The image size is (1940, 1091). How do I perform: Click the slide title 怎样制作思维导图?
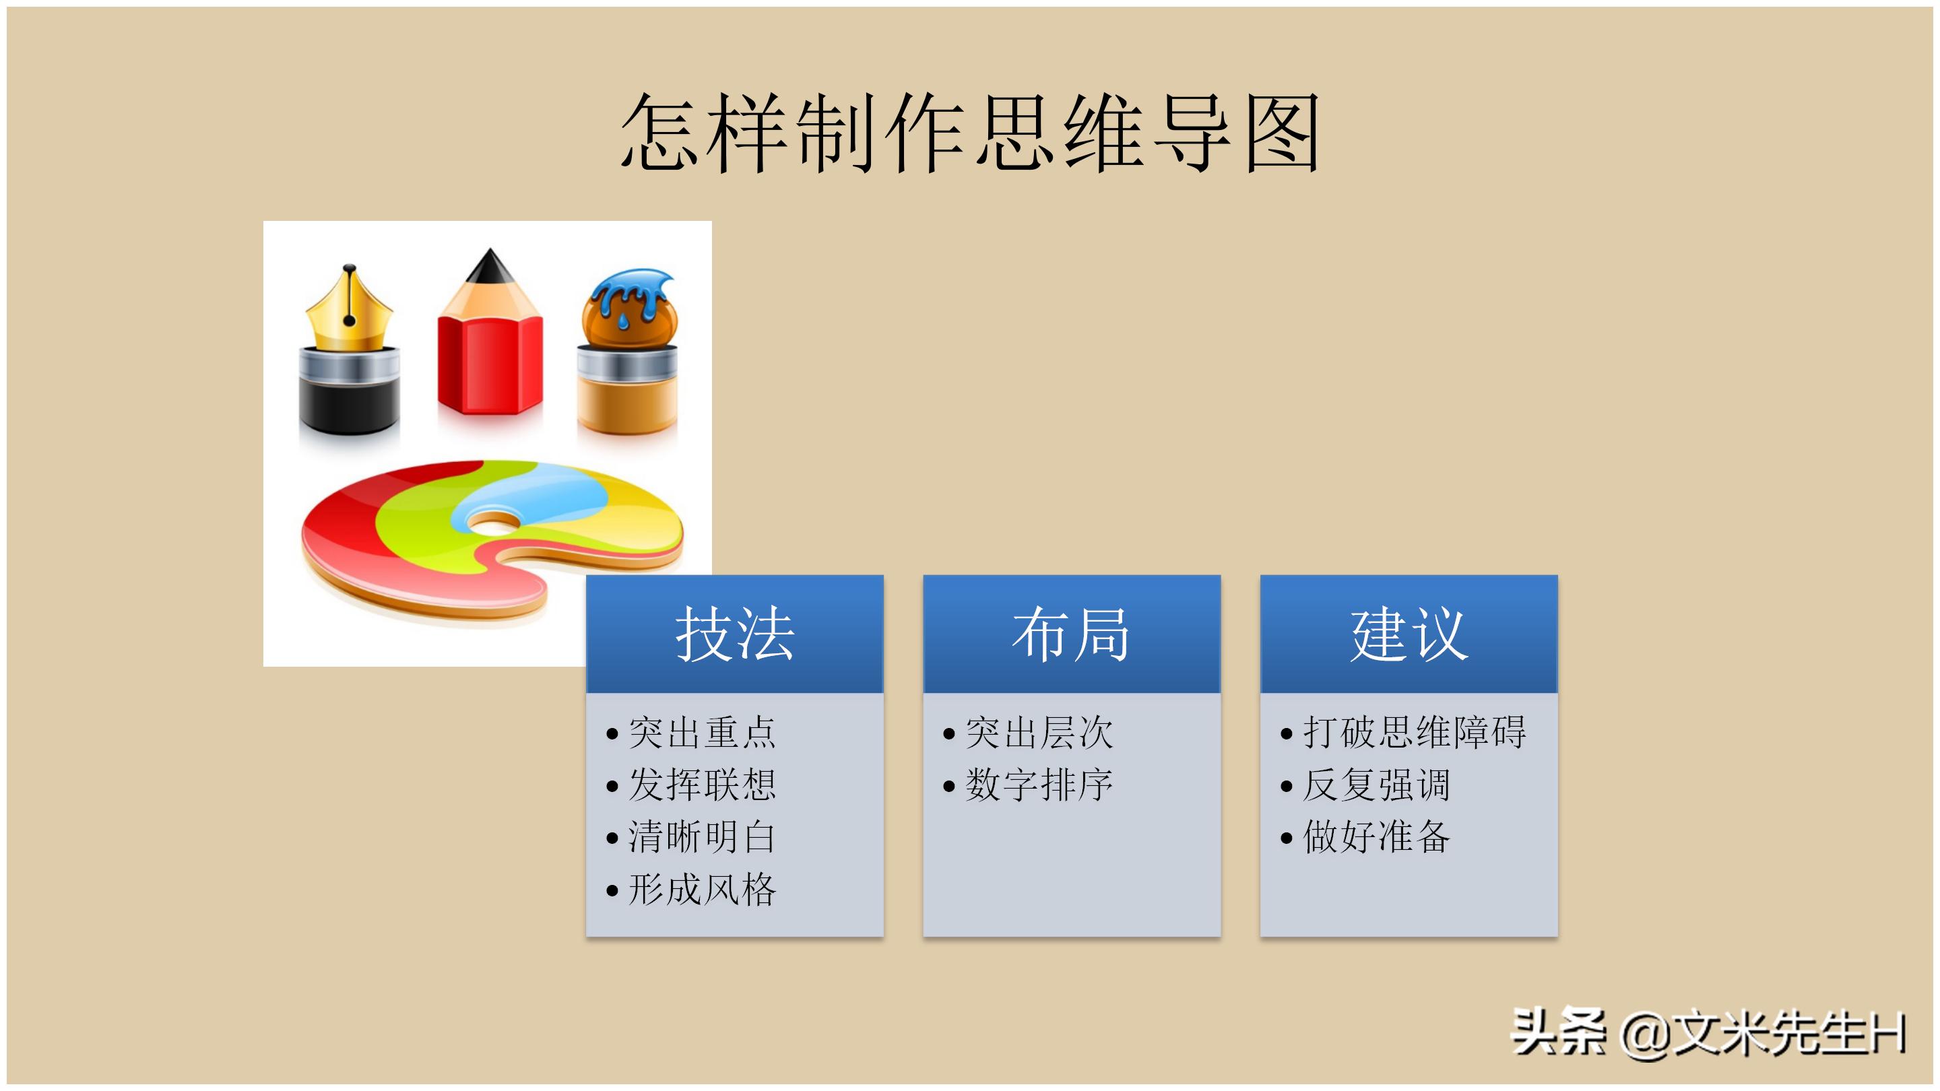click(x=969, y=133)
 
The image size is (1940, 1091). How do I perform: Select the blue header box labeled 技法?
click(x=734, y=634)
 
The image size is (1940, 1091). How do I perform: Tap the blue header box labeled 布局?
click(x=1071, y=634)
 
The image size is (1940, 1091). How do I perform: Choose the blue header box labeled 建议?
click(x=1409, y=634)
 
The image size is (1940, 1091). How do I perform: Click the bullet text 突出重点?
click(x=701, y=733)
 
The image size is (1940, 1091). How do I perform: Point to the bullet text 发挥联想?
click(x=701, y=785)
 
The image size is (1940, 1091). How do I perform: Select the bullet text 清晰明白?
click(x=701, y=836)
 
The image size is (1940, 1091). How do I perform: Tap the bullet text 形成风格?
click(x=701, y=889)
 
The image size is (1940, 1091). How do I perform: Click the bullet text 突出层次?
click(x=1039, y=733)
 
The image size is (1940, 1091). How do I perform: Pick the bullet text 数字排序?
click(x=1039, y=785)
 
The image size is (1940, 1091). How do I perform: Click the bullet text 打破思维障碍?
click(x=1414, y=733)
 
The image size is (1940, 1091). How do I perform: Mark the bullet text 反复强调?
click(x=1376, y=785)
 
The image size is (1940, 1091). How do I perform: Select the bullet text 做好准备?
click(x=1376, y=836)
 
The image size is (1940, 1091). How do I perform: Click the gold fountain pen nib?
click(x=349, y=312)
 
